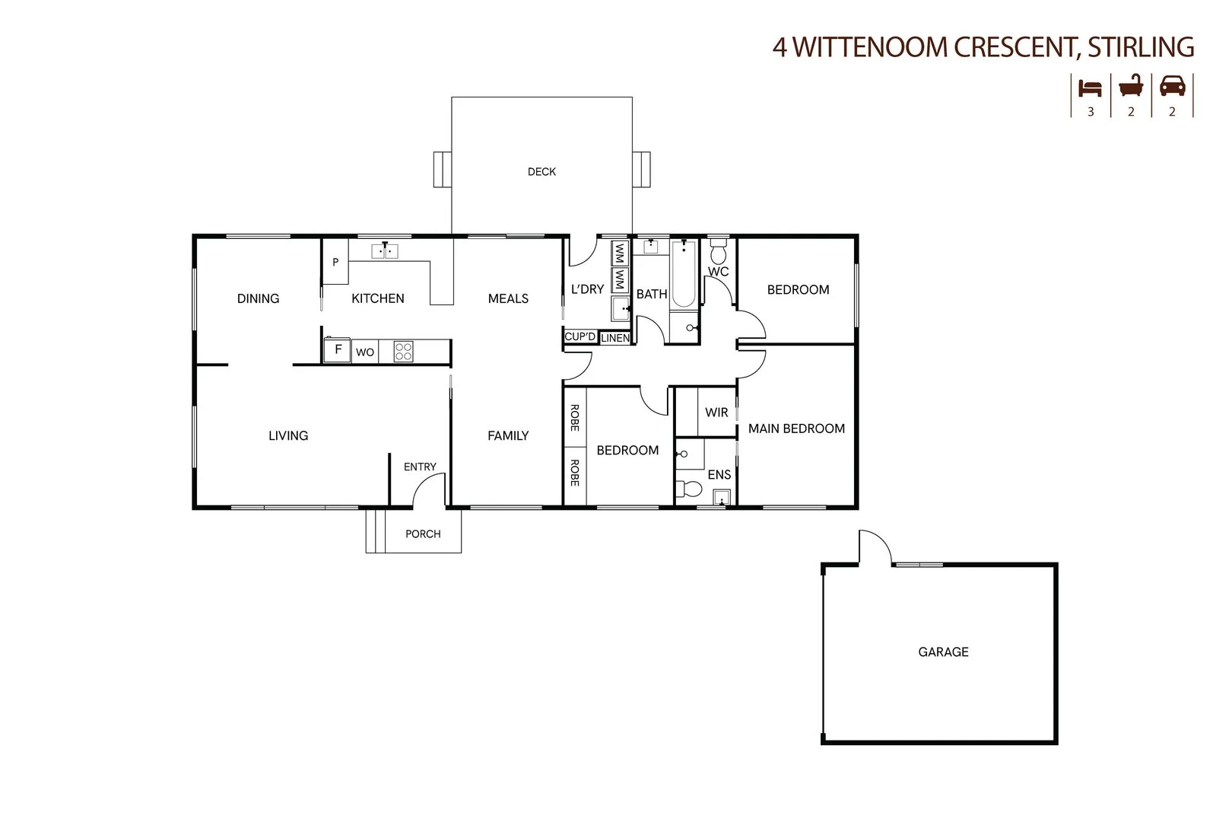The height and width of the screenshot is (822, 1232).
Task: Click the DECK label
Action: click(x=541, y=172)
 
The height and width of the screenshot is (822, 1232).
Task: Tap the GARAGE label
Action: click(x=943, y=652)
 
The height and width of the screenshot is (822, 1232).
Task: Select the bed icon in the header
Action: click(x=1091, y=88)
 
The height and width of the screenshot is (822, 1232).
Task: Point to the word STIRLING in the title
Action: click(x=1140, y=47)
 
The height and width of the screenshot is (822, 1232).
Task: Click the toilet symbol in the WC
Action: click(x=719, y=251)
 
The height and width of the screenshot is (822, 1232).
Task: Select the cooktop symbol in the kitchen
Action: click(x=404, y=352)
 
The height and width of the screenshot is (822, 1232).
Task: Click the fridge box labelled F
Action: click(x=338, y=351)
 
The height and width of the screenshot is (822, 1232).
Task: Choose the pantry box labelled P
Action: click(x=335, y=262)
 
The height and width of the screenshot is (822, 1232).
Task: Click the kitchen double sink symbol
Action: click(x=386, y=250)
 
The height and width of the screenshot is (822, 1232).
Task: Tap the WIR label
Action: click(x=716, y=413)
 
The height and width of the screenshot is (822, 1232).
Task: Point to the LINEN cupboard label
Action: click(x=615, y=338)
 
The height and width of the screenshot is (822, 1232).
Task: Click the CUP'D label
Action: click(x=579, y=336)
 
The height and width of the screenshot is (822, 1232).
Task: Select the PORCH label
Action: click(x=423, y=534)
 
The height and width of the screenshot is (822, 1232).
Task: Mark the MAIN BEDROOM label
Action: click(x=796, y=429)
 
